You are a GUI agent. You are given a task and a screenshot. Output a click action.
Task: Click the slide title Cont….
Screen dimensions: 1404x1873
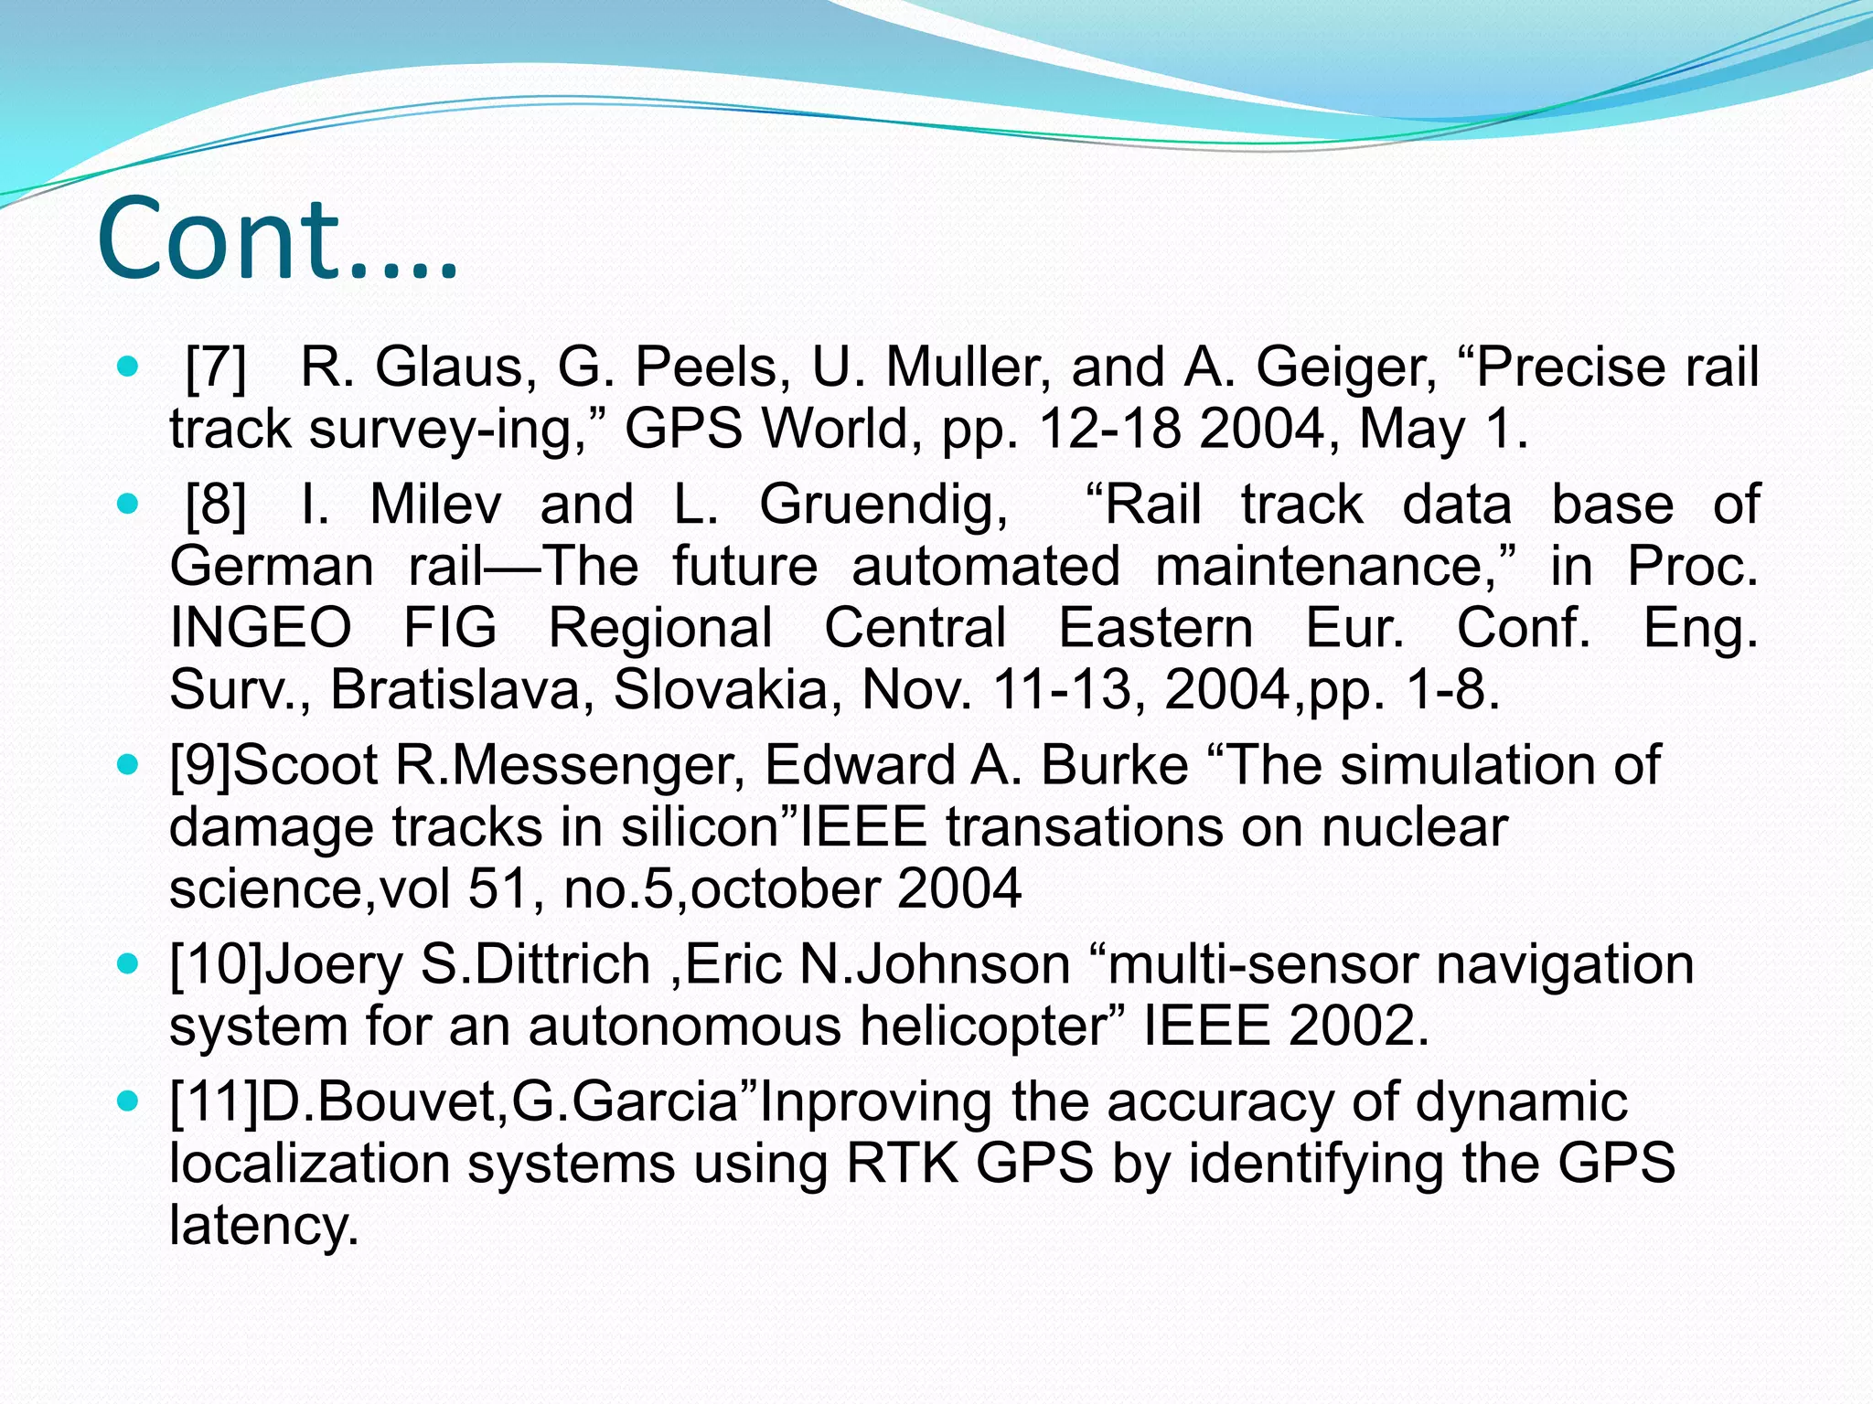[276, 239]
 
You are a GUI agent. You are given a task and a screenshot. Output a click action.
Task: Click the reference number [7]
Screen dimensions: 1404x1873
[216, 367]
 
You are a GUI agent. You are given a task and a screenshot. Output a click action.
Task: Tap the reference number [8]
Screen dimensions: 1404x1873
[216, 505]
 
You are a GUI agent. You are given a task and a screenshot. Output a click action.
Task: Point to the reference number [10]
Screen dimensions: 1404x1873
[216, 965]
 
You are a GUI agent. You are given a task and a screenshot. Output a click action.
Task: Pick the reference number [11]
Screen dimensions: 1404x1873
[214, 1102]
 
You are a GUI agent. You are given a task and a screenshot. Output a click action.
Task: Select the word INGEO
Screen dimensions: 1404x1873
[261, 628]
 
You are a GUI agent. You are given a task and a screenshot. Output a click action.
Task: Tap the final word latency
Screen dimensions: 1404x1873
[263, 1226]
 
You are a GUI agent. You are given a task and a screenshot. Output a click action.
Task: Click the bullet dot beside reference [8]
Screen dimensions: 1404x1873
[129, 504]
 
